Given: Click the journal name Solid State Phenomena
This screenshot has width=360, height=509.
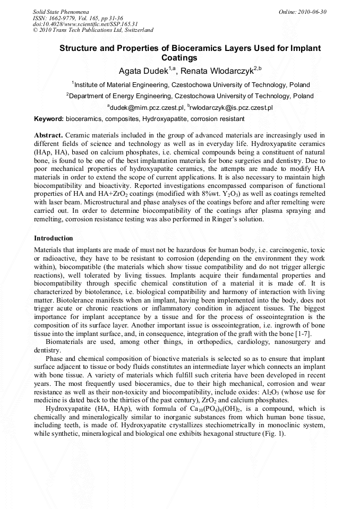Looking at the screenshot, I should pyautogui.click(x=61, y=11).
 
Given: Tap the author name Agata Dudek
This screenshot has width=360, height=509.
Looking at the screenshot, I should pyautogui.click(x=140, y=71).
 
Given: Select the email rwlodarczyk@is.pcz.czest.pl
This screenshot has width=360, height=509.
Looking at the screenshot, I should pyautogui.click(x=231, y=108).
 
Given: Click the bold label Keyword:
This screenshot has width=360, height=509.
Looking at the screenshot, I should pyautogui.click(x=49, y=119).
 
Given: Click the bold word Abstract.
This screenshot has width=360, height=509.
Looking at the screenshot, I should pyautogui.click(x=49, y=135).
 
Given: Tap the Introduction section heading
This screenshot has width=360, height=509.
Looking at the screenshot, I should pyautogui.click(x=53, y=238).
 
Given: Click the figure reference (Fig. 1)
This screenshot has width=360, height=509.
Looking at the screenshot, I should pyautogui.click(x=274, y=433).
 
